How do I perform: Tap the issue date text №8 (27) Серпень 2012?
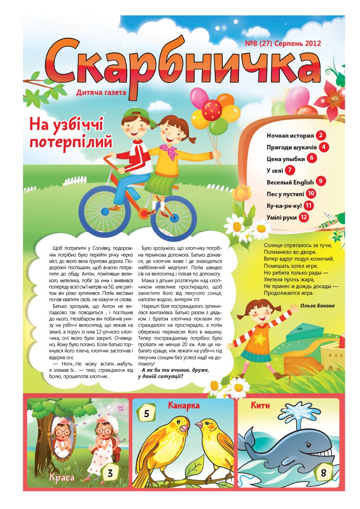[x=283, y=44]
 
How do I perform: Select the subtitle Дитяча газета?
[x=101, y=93]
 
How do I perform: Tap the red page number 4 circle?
[x=324, y=147]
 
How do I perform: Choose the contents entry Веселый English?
[x=290, y=182]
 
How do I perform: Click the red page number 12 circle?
[x=304, y=217]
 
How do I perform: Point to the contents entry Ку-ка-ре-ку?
[x=284, y=205]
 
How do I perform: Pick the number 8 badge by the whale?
[x=324, y=473]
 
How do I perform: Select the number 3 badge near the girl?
[x=110, y=473]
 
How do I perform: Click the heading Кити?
[x=261, y=405]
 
